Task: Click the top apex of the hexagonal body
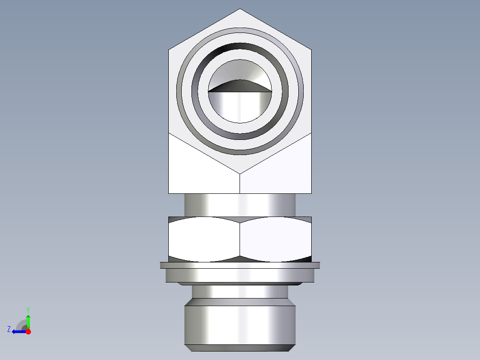coord(240,9)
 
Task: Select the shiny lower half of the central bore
coord(240,107)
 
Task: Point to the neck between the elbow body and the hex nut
coord(240,205)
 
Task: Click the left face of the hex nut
coord(204,239)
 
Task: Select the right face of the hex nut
coord(275,239)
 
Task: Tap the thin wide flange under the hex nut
coord(240,265)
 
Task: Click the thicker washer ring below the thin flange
coord(240,276)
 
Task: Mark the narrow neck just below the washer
coord(240,291)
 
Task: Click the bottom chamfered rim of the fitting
coord(240,348)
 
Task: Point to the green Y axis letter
coord(28,309)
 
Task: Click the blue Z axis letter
coord(9,329)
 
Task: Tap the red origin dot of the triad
coord(28,331)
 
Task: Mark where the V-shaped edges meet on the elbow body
coord(240,173)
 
